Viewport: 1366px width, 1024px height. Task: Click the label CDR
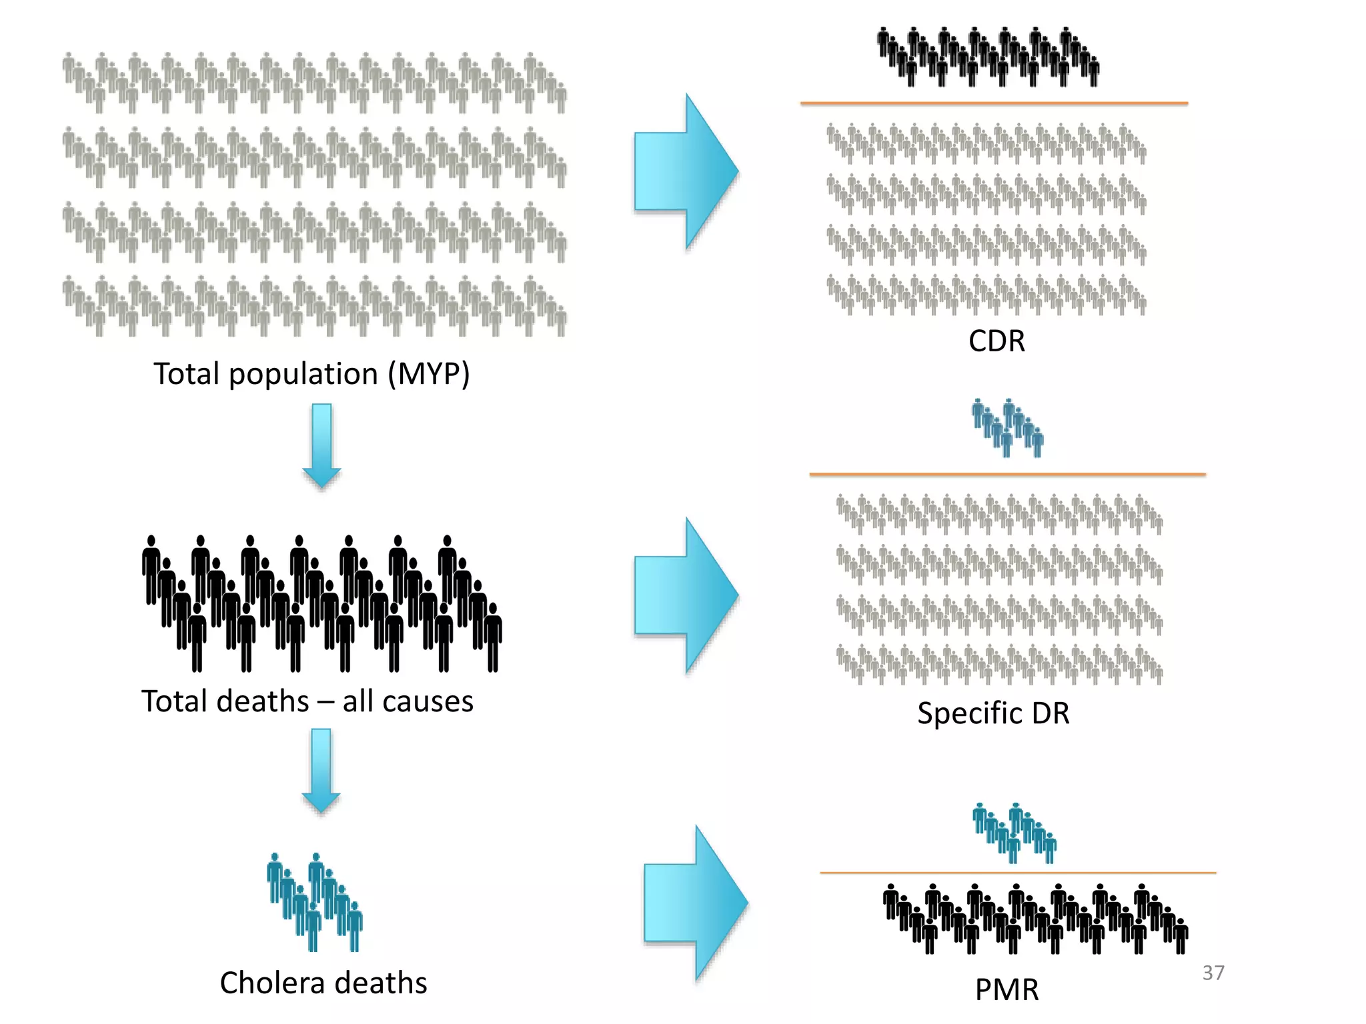pos(996,341)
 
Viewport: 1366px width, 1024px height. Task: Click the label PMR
pos(1006,989)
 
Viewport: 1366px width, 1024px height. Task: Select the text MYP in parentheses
pos(430,373)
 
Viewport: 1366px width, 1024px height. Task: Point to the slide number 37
pos(1213,973)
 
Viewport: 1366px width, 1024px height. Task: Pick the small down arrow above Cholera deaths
pos(321,770)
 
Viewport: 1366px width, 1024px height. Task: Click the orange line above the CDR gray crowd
pos(994,103)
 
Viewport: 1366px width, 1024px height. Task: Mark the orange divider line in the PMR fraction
pos(1017,872)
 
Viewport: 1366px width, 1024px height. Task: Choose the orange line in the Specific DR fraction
pos(1007,474)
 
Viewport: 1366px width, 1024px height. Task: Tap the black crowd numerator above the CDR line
pos(987,57)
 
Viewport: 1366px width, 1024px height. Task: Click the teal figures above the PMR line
pos(1014,833)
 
